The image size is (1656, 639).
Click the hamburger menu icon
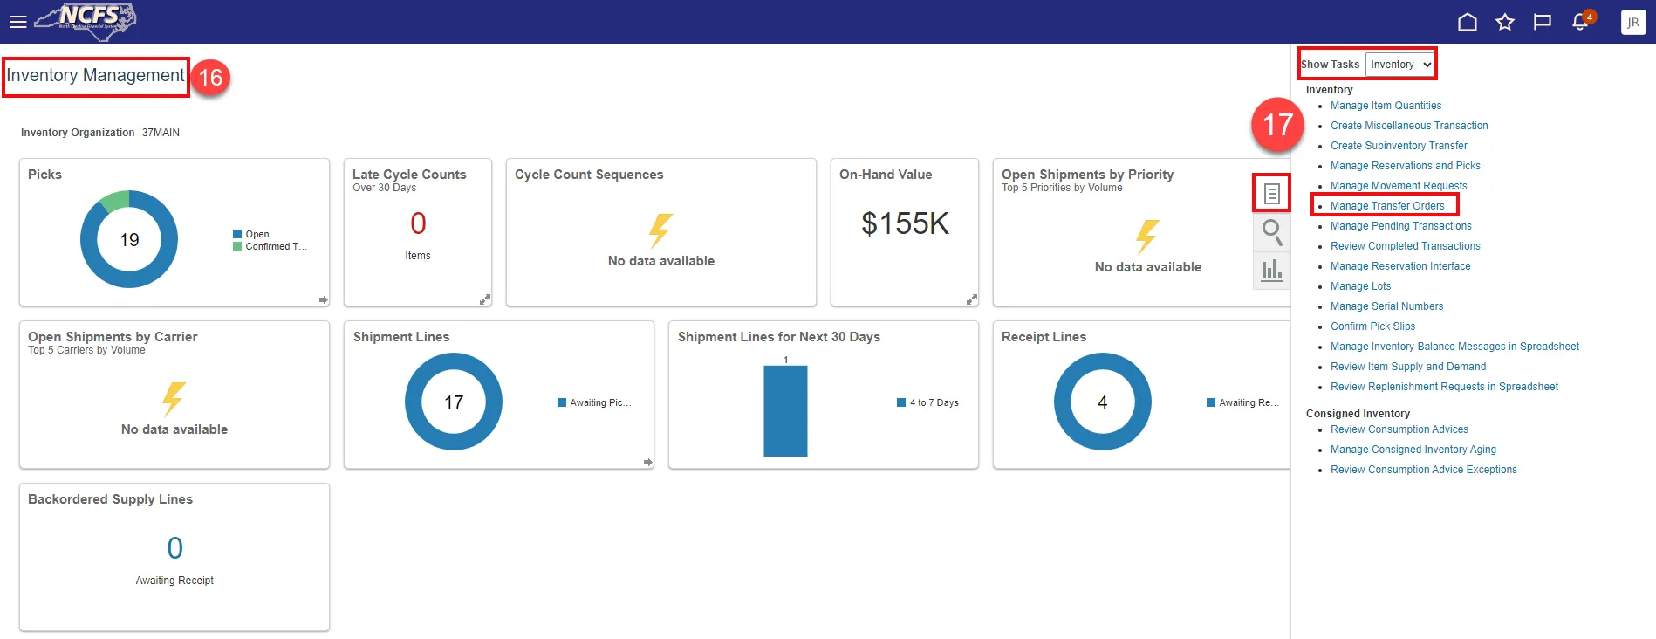(x=18, y=22)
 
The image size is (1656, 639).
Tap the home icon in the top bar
(x=1468, y=22)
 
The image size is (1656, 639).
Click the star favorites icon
(x=1505, y=22)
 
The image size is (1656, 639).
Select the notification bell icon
(x=1580, y=22)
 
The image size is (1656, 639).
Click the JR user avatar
(x=1632, y=22)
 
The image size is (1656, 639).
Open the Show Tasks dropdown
(x=1399, y=65)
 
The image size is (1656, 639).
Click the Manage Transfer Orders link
(x=1387, y=206)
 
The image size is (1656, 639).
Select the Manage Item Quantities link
(x=1386, y=106)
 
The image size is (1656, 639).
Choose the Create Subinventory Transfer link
(x=1399, y=146)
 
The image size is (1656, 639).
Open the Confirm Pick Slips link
(x=1372, y=326)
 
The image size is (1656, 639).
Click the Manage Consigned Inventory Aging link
(x=1413, y=450)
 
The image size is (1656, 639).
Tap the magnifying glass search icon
(x=1272, y=232)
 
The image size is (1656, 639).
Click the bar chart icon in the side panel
(x=1272, y=270)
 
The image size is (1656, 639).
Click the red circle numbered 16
(x=210, y=78)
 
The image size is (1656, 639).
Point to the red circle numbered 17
(x=1277, y=124)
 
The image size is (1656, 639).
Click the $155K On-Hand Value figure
(x=905, y=223)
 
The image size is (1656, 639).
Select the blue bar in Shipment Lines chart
(x=785, y=410)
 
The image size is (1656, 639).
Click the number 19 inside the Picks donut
(x=129, y=240)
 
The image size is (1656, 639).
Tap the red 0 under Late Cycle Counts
(x=418, y=223)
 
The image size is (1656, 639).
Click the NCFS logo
(x=87, y=19)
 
